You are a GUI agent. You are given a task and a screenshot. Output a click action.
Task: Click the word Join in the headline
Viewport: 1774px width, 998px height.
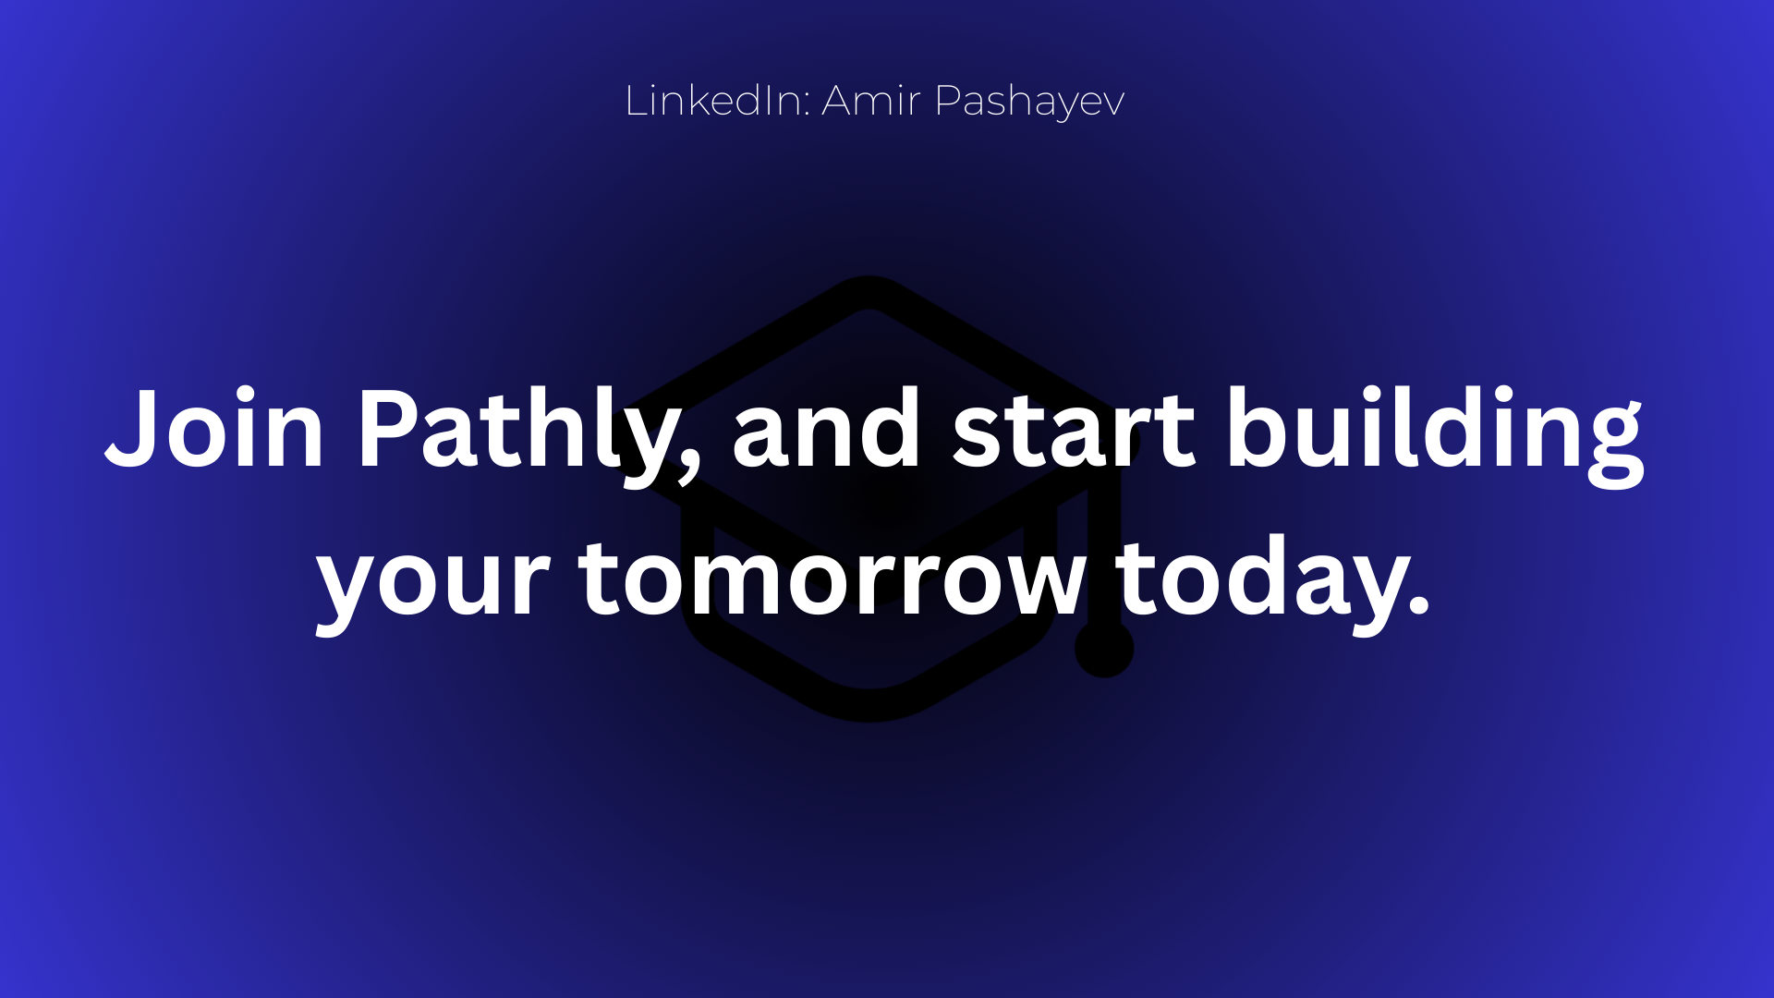(213, 428)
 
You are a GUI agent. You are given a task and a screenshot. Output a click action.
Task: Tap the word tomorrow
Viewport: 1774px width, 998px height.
(832, 578)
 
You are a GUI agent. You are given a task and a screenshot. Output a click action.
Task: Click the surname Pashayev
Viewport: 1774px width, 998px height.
(1029, 103)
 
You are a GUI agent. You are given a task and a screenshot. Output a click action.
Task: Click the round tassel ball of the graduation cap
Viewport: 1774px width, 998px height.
(1104, 648)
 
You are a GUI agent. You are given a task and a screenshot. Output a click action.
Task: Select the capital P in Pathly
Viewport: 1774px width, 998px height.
(384, 429)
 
